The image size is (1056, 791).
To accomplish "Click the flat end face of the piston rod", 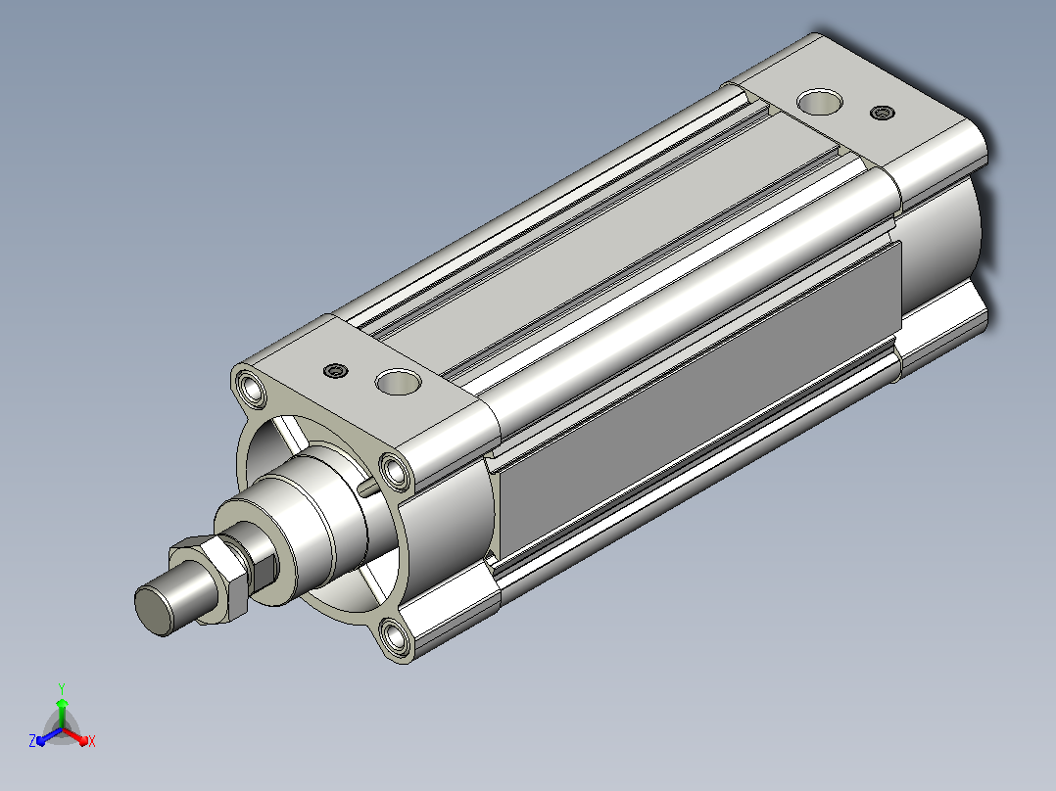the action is (x=154, y=611).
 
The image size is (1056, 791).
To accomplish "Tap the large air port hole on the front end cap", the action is (x=398, y=382).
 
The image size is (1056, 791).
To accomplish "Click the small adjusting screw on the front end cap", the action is (x=335, y=371).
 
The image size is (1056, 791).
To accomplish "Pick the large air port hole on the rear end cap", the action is (x=820, y=102).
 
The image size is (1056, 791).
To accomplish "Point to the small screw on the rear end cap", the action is (x=883, y=113).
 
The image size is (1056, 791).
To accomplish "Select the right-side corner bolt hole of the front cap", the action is (x=396, y=471).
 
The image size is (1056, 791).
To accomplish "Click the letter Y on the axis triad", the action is (x=62, y=689).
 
